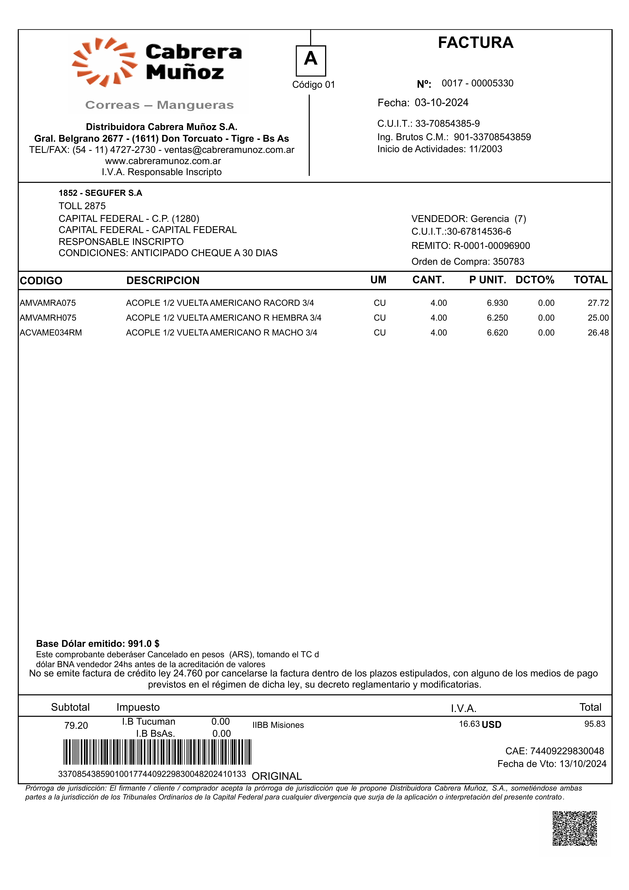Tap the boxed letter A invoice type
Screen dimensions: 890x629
click(x=311, y=60)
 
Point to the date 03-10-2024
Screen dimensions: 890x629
click(x=442, y=103)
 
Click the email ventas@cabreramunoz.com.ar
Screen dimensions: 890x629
click(x=229, y=150)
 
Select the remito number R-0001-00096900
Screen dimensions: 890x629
click(x=492, y=246)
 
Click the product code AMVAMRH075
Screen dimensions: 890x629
click(x=48, y=318)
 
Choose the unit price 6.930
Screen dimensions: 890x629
click(x=497, y=303)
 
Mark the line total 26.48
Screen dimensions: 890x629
click(x=598, y=333)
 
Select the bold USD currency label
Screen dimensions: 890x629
click(x=492, y=725)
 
